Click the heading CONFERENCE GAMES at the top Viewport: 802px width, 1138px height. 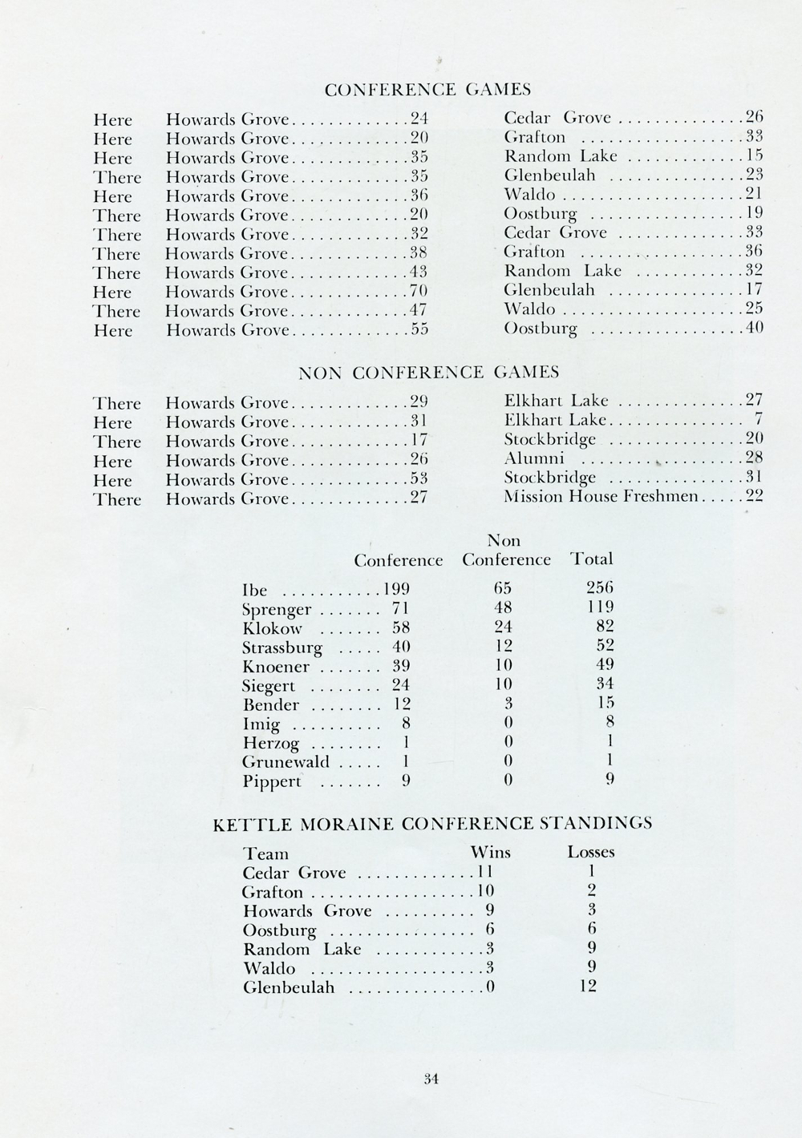427,89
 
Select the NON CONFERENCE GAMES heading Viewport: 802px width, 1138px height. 428,372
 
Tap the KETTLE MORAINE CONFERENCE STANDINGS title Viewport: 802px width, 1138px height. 432,822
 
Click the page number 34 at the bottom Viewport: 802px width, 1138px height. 431,1078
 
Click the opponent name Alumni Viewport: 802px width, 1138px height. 534,458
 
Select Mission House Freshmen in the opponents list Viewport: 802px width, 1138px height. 601,497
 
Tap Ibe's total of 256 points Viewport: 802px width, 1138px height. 600,590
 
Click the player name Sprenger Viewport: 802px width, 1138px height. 277,609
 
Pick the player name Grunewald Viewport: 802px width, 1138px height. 286,762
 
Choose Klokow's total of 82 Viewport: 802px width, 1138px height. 604,628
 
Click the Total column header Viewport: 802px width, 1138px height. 591,559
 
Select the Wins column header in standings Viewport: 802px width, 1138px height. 490,852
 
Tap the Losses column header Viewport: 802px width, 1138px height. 591,852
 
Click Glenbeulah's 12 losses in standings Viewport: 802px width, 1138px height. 588,987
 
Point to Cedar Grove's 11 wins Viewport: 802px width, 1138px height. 484,872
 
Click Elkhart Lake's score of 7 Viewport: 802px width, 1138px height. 758,420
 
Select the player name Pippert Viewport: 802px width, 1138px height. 272,781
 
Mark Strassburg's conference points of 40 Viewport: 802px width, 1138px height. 401,647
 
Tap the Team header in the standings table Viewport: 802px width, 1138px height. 265,853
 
